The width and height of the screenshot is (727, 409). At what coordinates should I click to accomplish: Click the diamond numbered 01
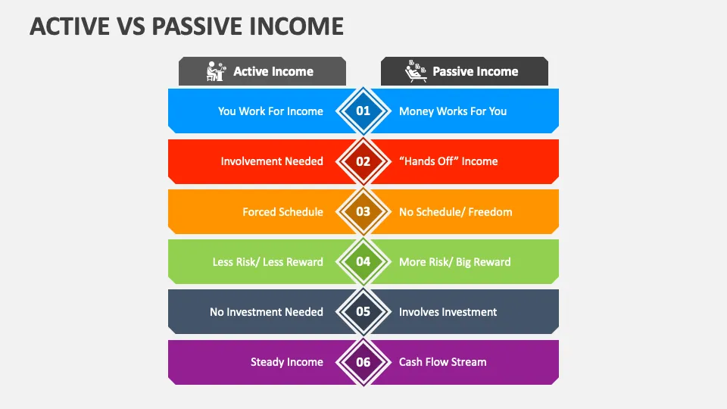(363, 111)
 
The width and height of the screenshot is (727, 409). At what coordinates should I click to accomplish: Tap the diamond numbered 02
(363, 161)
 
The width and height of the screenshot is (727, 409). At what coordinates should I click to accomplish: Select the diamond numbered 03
(363, 211)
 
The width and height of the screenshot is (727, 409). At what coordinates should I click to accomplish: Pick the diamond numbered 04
(363, 262)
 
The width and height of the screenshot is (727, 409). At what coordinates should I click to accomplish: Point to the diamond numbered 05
(363, 312)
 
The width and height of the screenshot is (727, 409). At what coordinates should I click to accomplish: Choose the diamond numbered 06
(363, 362)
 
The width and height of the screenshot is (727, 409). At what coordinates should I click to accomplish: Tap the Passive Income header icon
(415, 71)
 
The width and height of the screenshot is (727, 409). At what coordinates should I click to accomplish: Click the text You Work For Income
(270, 111)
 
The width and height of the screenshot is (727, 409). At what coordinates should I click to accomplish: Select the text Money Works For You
(453, 111)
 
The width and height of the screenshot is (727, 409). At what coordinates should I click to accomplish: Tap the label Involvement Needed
(272, 161)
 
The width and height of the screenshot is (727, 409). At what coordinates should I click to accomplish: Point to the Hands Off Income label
(448, 161)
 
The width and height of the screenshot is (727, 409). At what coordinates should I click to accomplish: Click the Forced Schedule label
(282, 212)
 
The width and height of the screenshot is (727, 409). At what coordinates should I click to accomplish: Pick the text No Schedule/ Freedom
(455, 212)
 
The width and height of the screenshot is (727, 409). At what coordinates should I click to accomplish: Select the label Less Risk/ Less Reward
(267, 262)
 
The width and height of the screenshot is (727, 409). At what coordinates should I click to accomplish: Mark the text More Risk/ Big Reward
(454, 262)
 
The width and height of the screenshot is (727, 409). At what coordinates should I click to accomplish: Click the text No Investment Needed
(267, 312)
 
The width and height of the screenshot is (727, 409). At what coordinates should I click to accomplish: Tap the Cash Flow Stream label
(442, 362)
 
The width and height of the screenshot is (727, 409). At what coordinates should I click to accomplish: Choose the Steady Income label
(287, 362)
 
